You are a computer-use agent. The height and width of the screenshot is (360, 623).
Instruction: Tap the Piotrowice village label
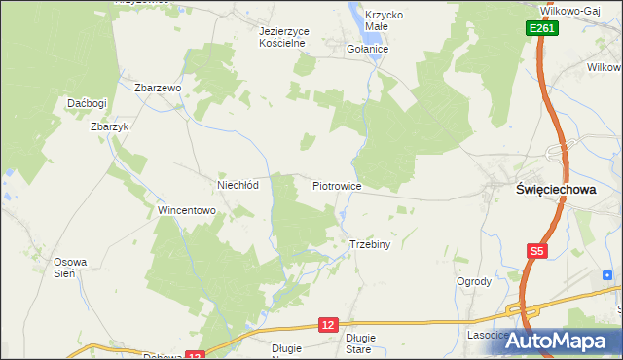click(337, 185)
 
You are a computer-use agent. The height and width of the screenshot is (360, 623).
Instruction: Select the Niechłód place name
click(237, 185)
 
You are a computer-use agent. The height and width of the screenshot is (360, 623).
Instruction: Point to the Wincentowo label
click(186, 210)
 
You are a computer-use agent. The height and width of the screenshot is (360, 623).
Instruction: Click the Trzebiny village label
click(369, 244)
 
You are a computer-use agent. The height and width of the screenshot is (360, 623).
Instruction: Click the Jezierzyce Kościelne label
click(283, 37)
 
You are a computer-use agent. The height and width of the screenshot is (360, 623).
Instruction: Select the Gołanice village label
click(368, 48)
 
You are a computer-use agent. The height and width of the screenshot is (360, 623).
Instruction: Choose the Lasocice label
click(488, 335)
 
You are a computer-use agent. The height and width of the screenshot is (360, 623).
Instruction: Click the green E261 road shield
click(543, 30)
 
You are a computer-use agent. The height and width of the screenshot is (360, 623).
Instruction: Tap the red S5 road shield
click(537, 251)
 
